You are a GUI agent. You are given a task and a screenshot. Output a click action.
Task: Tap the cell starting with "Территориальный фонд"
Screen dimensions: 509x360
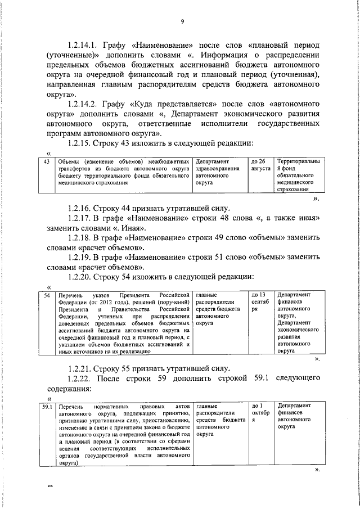tap(298, 176)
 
